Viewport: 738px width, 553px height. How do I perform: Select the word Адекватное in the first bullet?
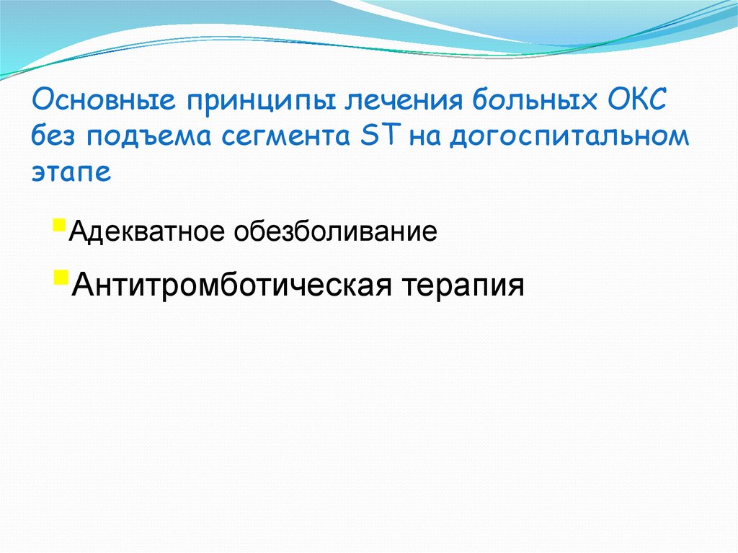tap(150, 232)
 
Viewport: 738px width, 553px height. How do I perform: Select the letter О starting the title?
tap(41, 100)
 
